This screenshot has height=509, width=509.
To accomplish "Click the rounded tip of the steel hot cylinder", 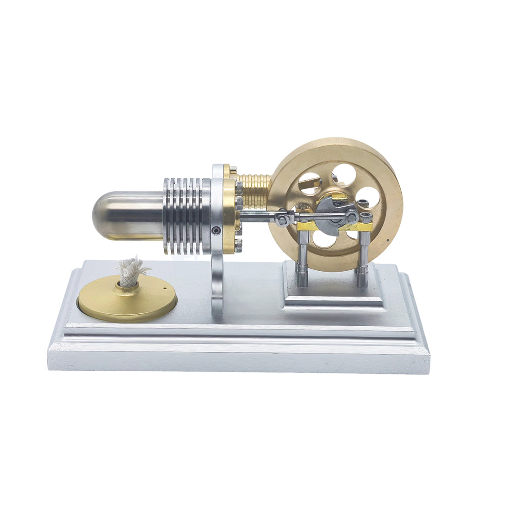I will (x=100, y=216).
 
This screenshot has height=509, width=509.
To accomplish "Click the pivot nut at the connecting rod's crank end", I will (x=353, y=215).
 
